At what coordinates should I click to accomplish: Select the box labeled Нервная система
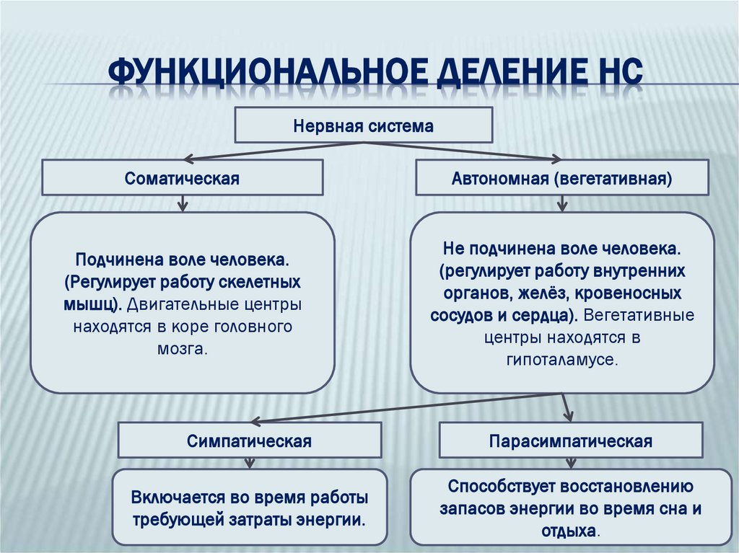point(364,126)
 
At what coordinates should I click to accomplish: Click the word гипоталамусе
point(562,358)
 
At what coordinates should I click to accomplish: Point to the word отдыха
point(569,530)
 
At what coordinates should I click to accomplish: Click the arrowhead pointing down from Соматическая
point(182,206)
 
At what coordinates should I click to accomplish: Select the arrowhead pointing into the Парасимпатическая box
point(569,417)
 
